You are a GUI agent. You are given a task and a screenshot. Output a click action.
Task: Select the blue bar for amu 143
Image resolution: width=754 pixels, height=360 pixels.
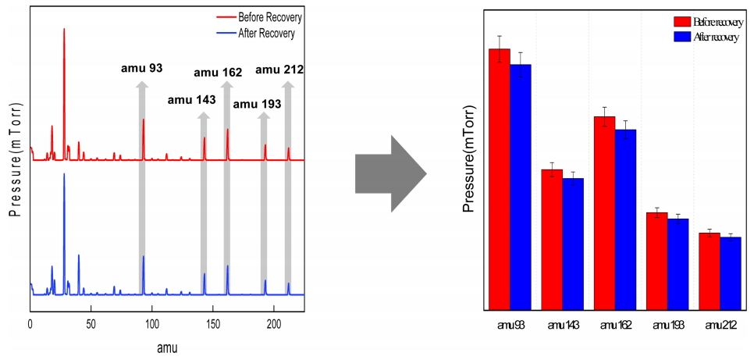click(x=573, y=246)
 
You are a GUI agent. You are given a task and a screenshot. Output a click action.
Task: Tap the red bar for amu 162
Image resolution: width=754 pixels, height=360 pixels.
click(x=604, y=215)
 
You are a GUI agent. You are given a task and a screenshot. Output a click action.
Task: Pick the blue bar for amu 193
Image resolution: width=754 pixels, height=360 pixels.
click(x=678, y=266)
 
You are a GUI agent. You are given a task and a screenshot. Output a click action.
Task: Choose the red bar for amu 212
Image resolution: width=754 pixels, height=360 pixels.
click(x=710, y=273)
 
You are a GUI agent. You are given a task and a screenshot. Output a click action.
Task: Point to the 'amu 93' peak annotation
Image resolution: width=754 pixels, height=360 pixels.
click(x=142, y=68)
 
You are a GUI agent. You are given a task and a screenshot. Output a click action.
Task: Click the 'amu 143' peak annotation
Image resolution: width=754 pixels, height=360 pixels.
click(x=191, y=100)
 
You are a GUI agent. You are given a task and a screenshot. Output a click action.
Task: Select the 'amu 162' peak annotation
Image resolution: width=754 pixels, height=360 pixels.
click(x=218, y=73)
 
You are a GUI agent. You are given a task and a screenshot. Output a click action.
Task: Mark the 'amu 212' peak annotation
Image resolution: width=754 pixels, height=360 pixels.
click(x=279, y=70)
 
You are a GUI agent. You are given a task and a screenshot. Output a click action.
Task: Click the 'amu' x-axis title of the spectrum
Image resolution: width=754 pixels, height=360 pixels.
click(x=165, y=347)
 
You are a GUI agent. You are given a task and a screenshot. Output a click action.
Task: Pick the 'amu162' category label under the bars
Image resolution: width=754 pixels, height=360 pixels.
click(x=614, y=324)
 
